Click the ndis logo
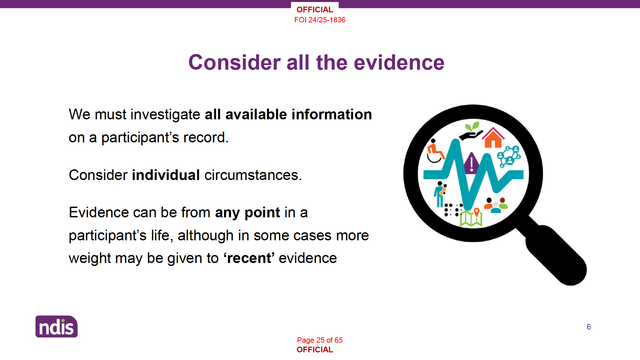point(56,326)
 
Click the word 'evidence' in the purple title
point(399,63)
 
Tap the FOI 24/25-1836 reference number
point(320,20)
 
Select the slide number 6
point(589,327)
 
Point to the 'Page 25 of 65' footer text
point(320,340)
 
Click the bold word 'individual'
point(166,175)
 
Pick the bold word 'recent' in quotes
point(249,258)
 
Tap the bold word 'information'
point(332,114)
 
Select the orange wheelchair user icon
point(435,151)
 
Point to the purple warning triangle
point(471,163)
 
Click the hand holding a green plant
point(470,131)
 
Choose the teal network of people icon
point(509,156)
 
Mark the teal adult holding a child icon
point(440,194)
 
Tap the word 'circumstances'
point(253,175)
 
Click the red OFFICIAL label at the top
point(315,10)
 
